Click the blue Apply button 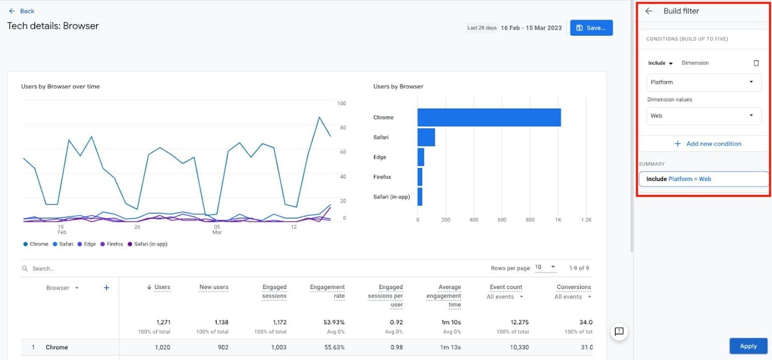point(748,346)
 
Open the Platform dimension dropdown point(704,82)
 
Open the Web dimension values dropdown point(704,116)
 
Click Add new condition point(708,144)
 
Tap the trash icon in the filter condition point(756,63)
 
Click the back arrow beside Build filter point(649,11)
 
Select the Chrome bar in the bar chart point(489,118)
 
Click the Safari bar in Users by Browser point(426,137)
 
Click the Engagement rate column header point(327,291)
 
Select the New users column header point(214,287)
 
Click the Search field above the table point(101,268)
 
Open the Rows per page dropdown point(545,267)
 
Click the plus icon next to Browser point(106,288)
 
